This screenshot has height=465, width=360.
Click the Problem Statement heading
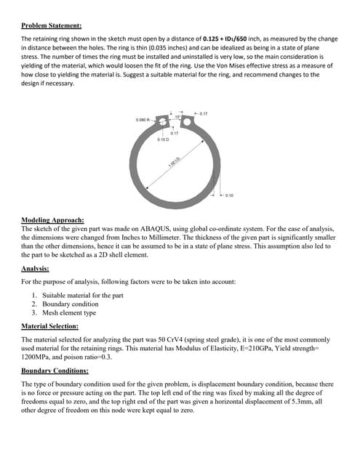click(52, 24)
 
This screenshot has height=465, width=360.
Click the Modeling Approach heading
click(53, 219)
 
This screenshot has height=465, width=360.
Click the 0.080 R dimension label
click(144, 119)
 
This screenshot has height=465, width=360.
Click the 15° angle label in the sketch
click(177, 116)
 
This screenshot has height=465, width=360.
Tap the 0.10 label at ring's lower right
click(229, 195)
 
